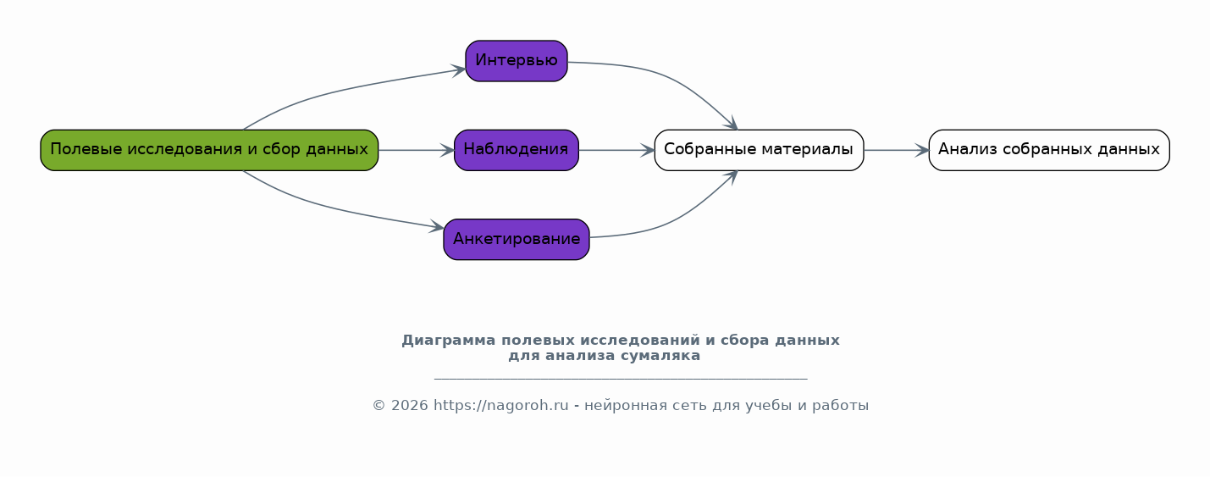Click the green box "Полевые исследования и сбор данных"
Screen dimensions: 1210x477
click(x=209, y=150)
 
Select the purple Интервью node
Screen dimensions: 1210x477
click(x=517, y=61)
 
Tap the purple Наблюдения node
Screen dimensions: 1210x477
click(x=517, y=150)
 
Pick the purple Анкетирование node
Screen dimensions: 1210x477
click(x=517, y=239)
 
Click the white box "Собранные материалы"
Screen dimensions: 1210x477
click(x=759, y=150)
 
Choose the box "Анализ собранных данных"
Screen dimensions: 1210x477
click(x=1049, y=150)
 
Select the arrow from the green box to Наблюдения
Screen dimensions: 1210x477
click(x=416, y=150)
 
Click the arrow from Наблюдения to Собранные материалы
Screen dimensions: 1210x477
click(x=616, y=150)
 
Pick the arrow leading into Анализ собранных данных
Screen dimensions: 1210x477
click(x=896, y=150)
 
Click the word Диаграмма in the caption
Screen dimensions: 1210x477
click(x=448, y=341)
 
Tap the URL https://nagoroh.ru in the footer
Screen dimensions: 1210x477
click(x=500, y=405)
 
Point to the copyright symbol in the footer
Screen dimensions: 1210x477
click(x=378, y=406)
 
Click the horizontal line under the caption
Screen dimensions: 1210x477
click(x=621, y=380)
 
